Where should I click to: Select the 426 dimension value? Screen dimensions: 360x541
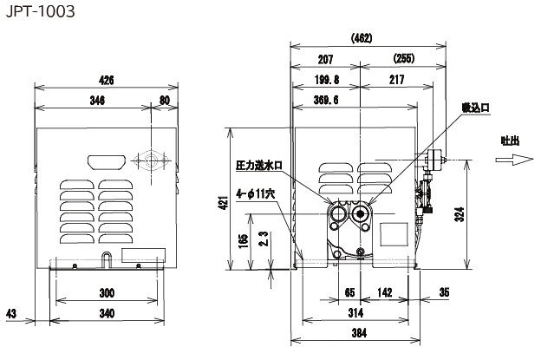pos(106,80)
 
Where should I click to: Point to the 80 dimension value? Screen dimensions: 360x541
pos(165,101)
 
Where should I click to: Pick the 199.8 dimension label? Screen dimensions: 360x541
pos(327,80)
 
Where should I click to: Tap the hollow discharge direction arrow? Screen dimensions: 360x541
pos(512,160)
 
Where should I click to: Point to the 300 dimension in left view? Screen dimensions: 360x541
pos(107,292)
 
